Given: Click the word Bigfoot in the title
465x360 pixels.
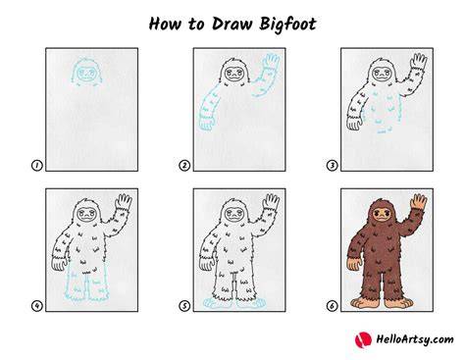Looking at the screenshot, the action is [x=288, y=25].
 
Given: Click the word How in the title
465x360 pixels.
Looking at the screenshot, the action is [x=165, y=24].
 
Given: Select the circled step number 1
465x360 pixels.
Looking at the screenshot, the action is [x=37, y=166].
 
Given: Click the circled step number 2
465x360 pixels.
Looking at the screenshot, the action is [x=184, y=166].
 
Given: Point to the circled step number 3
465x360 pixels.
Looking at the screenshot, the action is [x=332, y=166].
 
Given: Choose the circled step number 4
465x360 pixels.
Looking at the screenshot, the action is [x=37, y=306].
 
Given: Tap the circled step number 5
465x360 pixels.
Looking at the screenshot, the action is [x=184, y=306].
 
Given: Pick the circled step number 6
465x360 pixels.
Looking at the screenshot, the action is [x=332, y=306].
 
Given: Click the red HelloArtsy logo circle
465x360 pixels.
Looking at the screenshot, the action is [x=363, y=339].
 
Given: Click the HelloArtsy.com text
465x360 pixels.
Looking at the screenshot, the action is [x=415, y=339].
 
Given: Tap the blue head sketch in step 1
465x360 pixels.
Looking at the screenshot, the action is [x=86, y=73].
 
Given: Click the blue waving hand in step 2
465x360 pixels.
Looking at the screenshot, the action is [x=272, y=62].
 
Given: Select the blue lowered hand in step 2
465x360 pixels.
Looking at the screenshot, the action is [x=207, y=125].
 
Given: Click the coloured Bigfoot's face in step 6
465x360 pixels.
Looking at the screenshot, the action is [x=382, y=215].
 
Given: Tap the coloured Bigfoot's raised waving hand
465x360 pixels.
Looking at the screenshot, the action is [x=419, y=202].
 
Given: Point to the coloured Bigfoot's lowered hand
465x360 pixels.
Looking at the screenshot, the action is [x=354, y=264].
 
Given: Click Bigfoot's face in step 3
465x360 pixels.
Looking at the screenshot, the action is [x=382, y=74].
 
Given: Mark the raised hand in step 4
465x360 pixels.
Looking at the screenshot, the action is [x=125, y=202].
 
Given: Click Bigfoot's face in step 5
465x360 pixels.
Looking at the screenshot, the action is [x=234, y=215].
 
